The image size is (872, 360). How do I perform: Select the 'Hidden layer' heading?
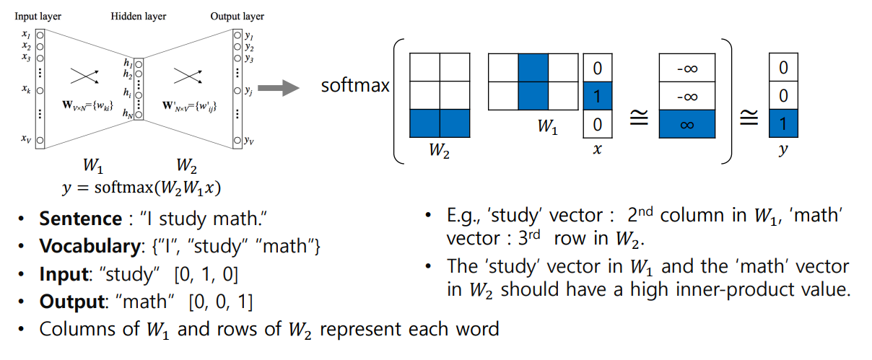pos(139,16)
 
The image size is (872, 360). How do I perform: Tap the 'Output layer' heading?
pos(237,16)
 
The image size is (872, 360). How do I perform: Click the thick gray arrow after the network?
pos(279,89)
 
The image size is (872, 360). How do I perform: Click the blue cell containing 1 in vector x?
pos(597,95)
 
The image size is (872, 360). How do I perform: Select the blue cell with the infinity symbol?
pos(687,124)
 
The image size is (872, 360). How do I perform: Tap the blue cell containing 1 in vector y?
pos(783,124)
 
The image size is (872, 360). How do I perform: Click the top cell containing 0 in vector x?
pos(597,68)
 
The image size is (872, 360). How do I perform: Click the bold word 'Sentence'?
pos(80,219)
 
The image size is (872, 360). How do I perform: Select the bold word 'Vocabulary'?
pos(90,247)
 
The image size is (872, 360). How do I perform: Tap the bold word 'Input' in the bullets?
pos(64,274)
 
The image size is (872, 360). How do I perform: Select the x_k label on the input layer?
pos(26,92)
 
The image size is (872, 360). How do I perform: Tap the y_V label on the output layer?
pos(248,139)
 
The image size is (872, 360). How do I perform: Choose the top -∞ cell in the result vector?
pos(687,68)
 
